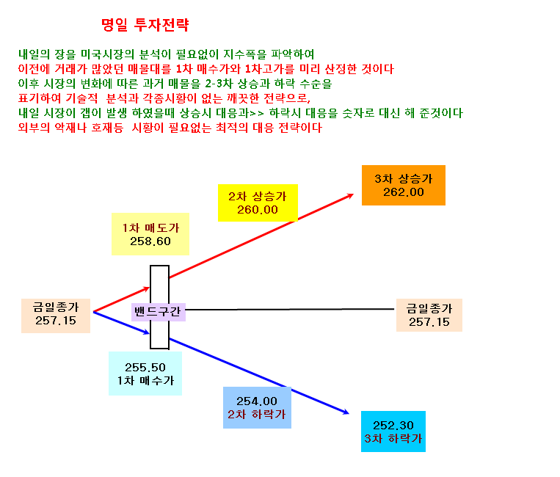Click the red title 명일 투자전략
(x=145, y=25)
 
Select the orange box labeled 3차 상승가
(x=404, y=186)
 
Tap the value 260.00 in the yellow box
(x=258, y=210)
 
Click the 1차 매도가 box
(x=150, y=234)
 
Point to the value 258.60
(x=150, y=241)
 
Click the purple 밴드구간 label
(x=159, y=312)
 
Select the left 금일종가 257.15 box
(x=56, y=316)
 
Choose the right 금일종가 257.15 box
(x=429, y=316)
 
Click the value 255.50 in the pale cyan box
(x=145, y=368)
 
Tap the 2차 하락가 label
(x=257, y=414)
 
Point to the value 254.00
(x=257, y=401)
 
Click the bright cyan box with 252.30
(x=393, y=432)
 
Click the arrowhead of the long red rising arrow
(x=351, y=195)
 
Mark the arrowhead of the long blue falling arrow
(x=346, y=412)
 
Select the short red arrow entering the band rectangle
(x=121, y=299)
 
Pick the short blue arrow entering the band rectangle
(x=121, y=323)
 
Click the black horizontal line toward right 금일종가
(x=290, y=309)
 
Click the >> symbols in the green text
(x=257, y=114)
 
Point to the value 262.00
(x=404, y=192)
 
